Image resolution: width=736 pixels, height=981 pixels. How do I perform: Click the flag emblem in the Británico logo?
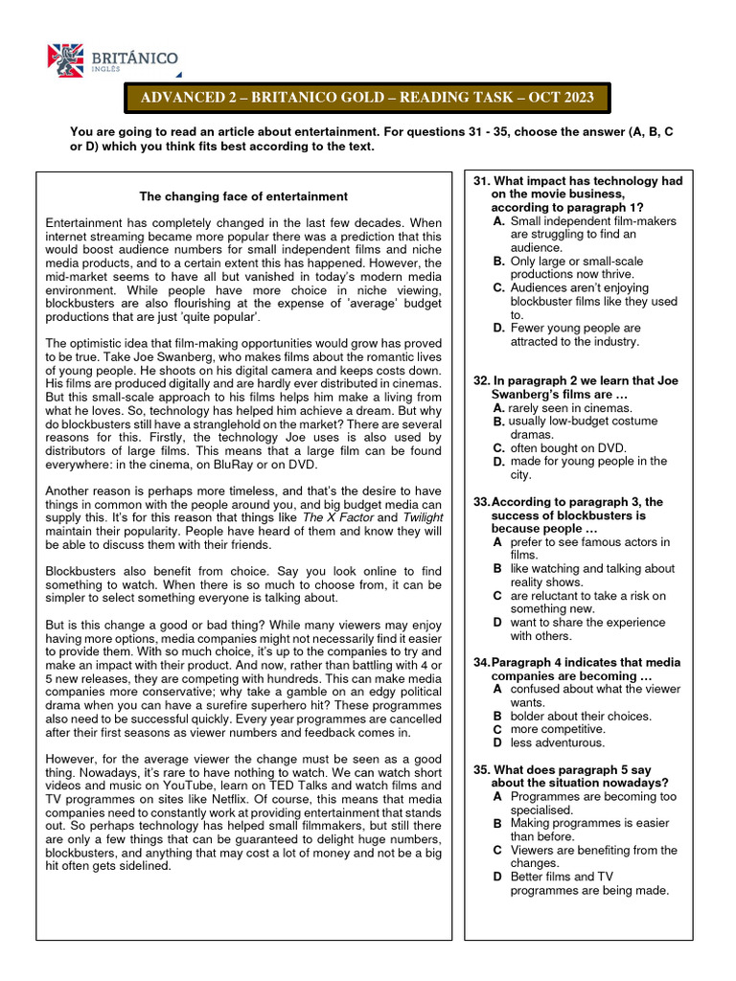pyautogui.click(x=66, y=60)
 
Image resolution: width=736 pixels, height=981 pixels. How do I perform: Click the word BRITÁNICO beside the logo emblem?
pyautogui.click(x=135, y=58)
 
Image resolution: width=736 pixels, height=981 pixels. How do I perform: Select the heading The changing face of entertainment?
pyautogui.click(x=243, y=196)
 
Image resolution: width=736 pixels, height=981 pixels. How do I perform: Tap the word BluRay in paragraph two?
pyautogui.click(x=247, y=465)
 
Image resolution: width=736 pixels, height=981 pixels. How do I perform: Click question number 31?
pyautogui.click(x=482, y=181)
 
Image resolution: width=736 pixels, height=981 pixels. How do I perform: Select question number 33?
pyautogui.click(x=482, y=502)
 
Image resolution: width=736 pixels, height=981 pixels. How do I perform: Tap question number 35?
pyautogui.click(x=482, y=769)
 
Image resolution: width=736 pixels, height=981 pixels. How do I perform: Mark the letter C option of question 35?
pyautogui.click(x=497, y=850)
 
